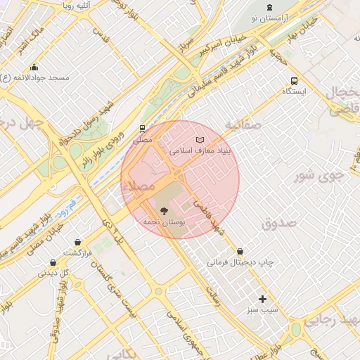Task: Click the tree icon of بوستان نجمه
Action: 164,210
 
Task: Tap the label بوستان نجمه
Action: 164,221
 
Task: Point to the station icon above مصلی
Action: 143,129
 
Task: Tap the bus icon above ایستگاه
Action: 293,80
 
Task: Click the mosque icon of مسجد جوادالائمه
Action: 34,67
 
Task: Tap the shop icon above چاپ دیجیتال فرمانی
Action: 240,251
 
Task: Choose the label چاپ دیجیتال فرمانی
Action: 240,262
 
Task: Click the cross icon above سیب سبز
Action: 262,299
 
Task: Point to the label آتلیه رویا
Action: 78,6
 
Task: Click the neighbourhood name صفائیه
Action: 243,124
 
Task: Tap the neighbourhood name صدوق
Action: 279,223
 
